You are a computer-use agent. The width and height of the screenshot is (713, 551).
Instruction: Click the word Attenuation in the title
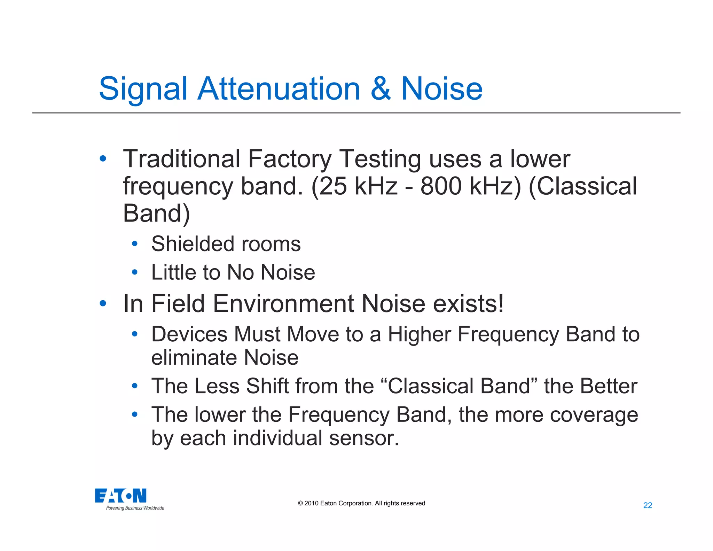[279, 89]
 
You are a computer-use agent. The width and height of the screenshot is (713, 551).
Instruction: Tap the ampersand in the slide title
[381, 89]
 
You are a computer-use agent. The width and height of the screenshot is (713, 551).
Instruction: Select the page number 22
[648, 505]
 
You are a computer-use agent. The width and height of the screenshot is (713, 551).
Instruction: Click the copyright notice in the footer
[361, 503]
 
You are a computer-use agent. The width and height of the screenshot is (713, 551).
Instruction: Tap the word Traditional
[181, 159]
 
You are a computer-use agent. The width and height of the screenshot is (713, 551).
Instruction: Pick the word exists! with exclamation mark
[468, 303]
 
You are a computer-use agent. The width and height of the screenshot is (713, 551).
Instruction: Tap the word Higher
[419, 334]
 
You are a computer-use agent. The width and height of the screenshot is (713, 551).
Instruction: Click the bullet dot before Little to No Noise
[135, 272]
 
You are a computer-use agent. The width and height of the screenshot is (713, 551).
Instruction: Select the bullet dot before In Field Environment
[103, 303]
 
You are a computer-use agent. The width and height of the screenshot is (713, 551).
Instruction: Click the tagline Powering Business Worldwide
[135, 508]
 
